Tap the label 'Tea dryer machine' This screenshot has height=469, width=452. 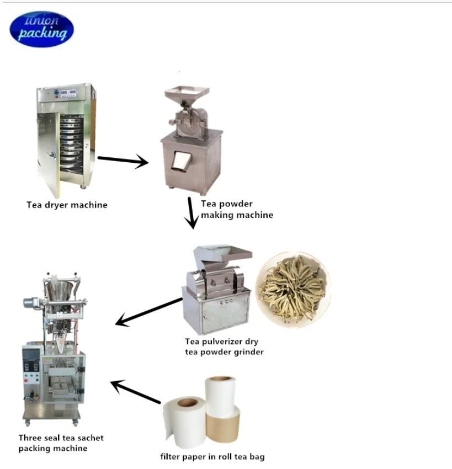pyautogui.click(x=67, y=205)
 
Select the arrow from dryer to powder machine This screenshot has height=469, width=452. pyautogui.click(x=123, y=161)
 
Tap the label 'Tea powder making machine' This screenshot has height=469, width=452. pyautogui.click(x=236, y=210)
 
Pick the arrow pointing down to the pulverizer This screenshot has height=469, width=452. pyautogui.click(x=191, y=213)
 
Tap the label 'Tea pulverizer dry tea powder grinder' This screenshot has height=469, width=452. pyautogui.click(x=224, y=347)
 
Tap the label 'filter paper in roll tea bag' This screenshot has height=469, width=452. pyautogui.click(x=212, y=457)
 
